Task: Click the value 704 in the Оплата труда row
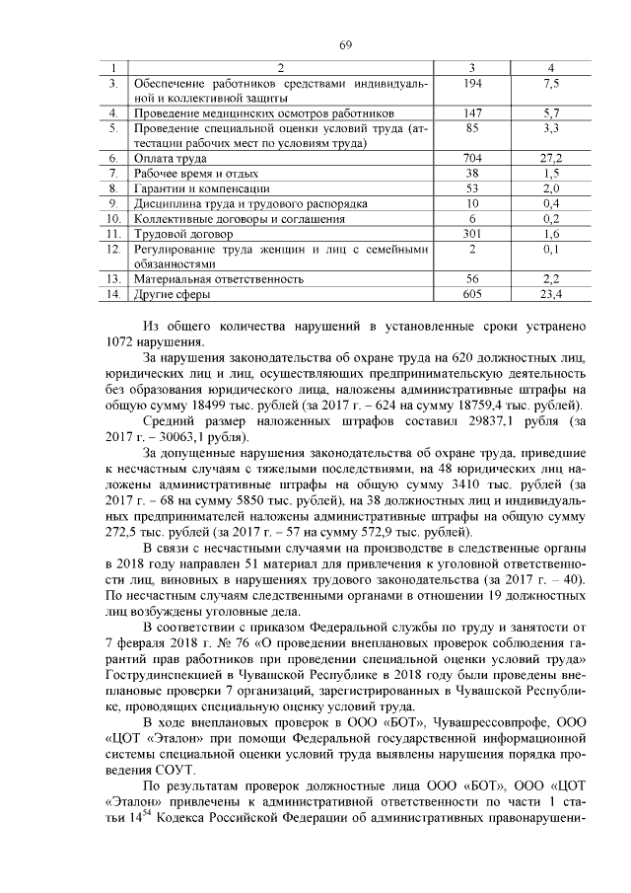coord(472,158)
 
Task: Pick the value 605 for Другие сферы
coord(472,294)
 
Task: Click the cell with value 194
coord(472,85)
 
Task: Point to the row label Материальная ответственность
coord(218,279)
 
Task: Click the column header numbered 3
coord(472,67)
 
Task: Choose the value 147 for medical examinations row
coord(472,113)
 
